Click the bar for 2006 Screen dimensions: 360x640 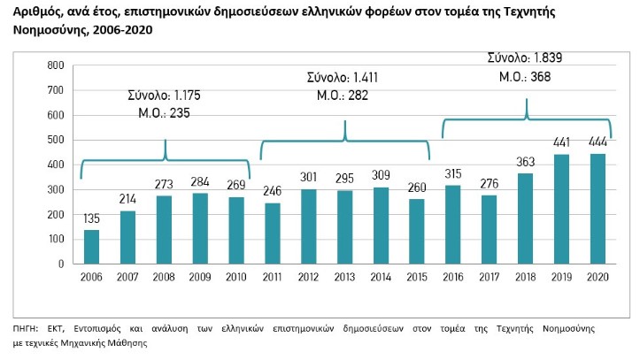click(91, 247)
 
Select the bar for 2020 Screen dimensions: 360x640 click(598, 209)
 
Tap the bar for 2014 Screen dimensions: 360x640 click(381, 226)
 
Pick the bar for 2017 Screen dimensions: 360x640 click(490, 229)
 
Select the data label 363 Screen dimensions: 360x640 click(525, 164)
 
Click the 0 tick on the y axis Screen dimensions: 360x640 click(61, 264)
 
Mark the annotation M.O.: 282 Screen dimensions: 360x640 click(346, 96)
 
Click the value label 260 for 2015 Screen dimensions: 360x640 click(417, 189)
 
